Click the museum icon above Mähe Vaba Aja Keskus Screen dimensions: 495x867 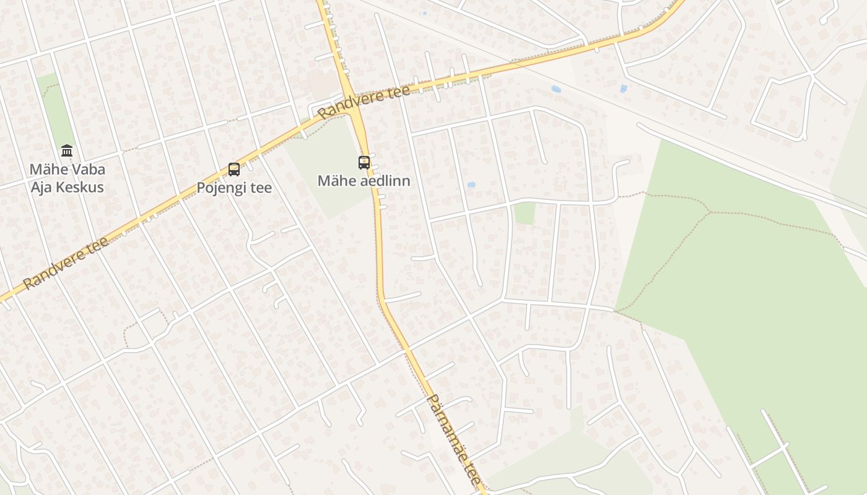pos(67,150)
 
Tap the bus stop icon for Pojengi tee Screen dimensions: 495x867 pos(234,169)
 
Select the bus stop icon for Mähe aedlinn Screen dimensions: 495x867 pos(364,163)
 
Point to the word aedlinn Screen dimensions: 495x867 pos(385,181)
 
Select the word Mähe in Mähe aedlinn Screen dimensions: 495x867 pos(337,181)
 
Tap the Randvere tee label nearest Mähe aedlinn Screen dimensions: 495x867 pos(364,102)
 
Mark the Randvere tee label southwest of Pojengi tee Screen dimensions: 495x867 pos(66,262)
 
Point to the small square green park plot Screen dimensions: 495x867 pos(525,213)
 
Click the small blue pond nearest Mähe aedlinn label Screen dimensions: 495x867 pos(471,184)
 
